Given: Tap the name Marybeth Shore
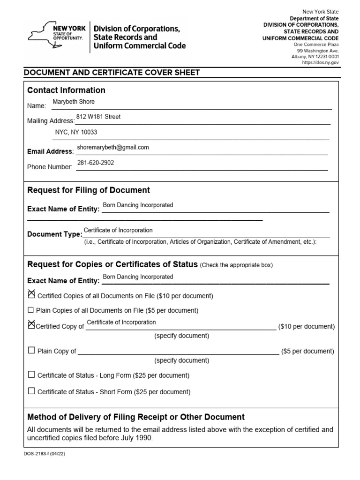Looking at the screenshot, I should [x=74, y=102].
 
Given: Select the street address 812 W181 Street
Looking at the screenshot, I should [x=98, y=117].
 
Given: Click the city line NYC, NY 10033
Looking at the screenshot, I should [x=76, y=132].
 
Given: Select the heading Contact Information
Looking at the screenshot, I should [x=66, y=90].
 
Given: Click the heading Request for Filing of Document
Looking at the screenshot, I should [x=89, y=190].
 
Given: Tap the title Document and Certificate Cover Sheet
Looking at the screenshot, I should [x=112, y=73].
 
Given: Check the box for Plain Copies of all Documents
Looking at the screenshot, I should [x=31, y=310].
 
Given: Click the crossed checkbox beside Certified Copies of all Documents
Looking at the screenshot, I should [x=31, y=294].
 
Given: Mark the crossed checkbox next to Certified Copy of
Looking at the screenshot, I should [x=31, y=324].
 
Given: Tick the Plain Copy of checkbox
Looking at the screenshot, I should [x=31, y=350].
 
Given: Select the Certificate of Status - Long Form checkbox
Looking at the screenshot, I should [x=31, y=375].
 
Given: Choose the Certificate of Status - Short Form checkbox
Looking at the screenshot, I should [x=31, y=391].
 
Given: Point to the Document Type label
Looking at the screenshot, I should [x=55, y=234].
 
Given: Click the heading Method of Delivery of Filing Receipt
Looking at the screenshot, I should [x=136, y=417].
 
